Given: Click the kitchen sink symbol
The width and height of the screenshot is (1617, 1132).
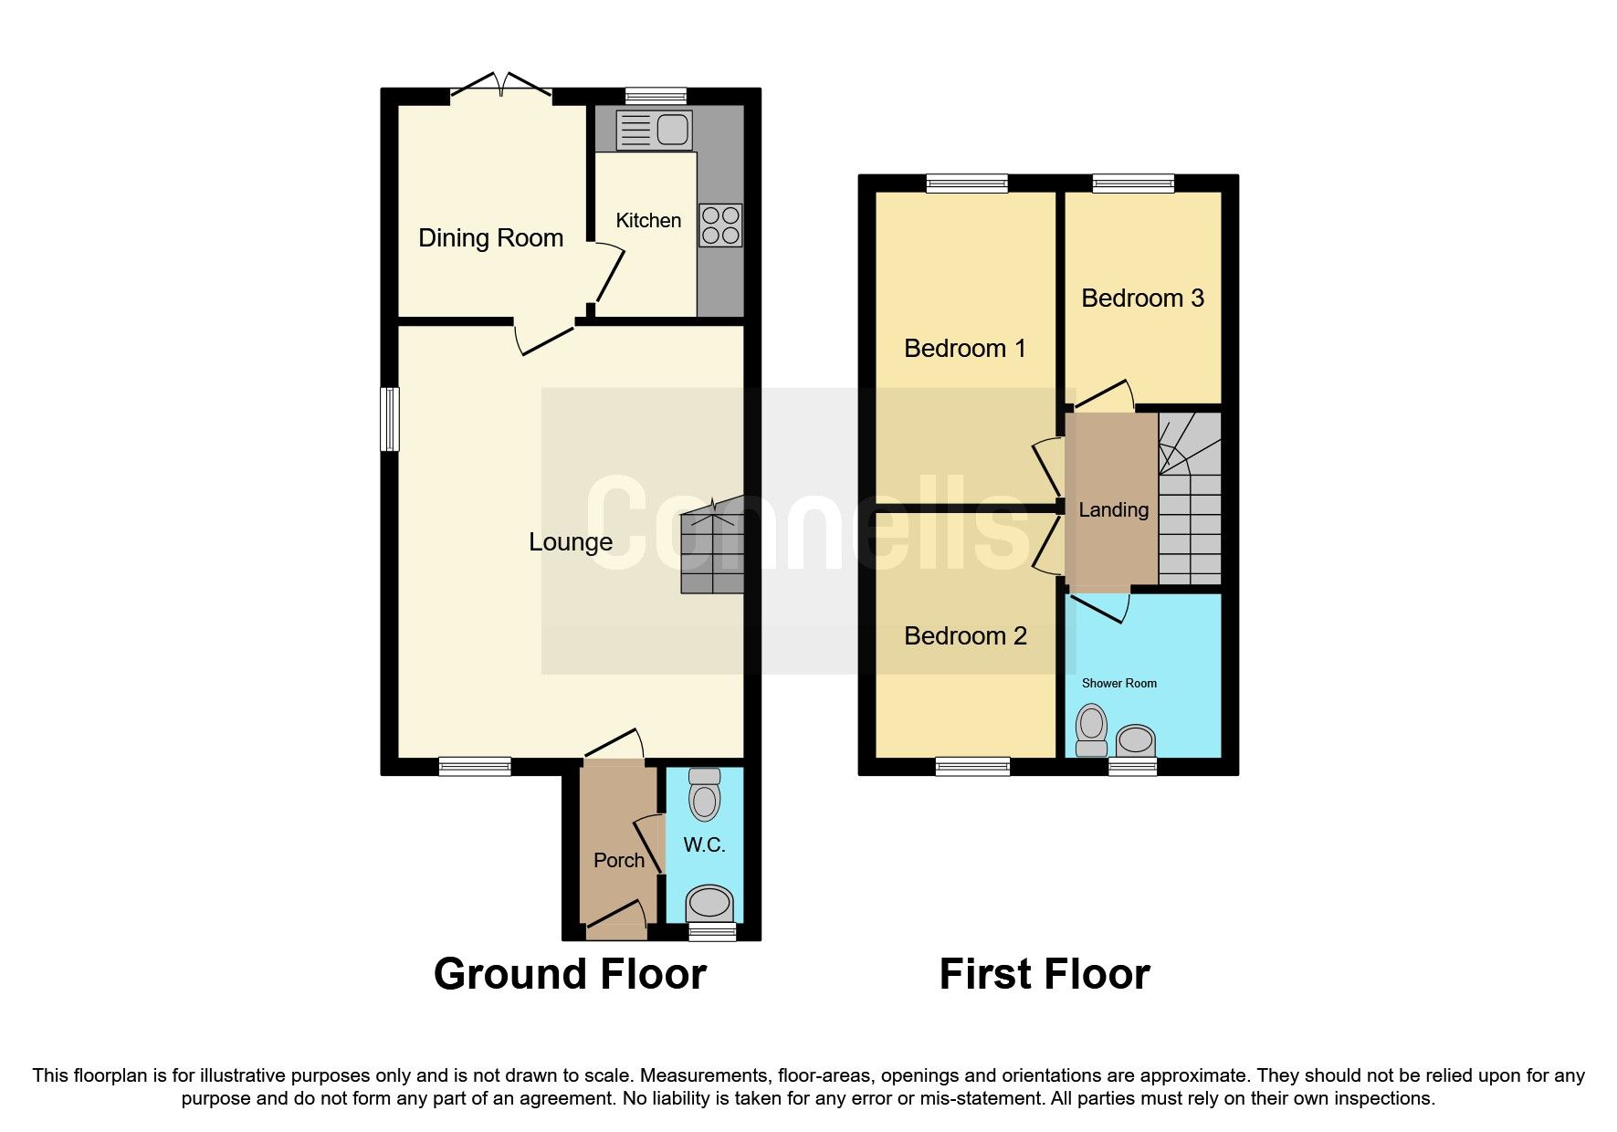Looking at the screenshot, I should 654,130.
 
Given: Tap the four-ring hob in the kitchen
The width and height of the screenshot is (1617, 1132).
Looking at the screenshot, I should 720,225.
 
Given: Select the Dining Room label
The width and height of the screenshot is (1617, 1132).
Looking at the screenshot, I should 490,238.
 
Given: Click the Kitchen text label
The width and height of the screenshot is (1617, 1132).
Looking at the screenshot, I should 648,220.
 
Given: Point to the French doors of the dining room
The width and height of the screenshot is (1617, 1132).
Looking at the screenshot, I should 500,88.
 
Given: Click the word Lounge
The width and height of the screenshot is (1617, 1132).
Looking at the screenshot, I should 571,542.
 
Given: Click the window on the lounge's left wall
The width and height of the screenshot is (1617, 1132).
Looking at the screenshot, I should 390,419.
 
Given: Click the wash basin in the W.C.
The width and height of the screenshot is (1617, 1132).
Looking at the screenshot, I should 709,903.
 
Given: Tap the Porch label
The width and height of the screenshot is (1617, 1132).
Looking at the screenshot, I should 619,860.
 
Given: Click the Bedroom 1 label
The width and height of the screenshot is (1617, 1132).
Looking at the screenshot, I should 965,349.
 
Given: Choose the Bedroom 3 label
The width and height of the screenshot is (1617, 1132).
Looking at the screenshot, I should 1142,299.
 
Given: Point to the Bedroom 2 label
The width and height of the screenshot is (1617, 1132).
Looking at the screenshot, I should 965,636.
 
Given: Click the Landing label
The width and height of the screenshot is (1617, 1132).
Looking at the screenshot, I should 1113,510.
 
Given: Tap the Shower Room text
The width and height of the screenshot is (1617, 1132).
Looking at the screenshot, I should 1118,683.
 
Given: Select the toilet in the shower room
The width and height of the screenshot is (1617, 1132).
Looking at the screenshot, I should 1091,730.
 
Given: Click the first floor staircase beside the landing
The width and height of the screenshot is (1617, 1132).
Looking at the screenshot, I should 1190,511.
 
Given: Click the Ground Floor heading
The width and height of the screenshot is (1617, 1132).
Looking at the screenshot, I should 570,974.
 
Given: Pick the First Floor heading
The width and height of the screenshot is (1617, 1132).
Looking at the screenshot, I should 1045,974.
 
